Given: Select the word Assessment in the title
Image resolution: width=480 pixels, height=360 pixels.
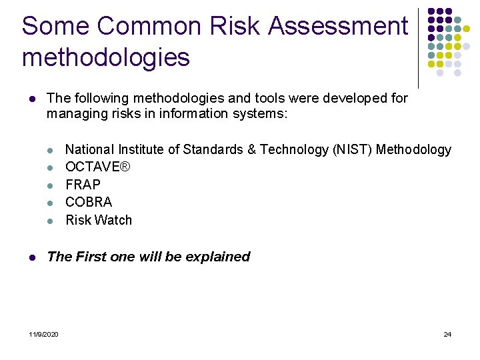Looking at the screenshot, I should point(338,26).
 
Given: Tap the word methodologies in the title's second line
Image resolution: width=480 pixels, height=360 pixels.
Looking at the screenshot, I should point(105,57).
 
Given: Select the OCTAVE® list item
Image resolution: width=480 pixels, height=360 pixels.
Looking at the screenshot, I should point(98,167).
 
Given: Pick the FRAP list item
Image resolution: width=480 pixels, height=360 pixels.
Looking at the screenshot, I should point(83,185).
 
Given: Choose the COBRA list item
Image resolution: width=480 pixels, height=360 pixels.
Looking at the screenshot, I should point(89,202).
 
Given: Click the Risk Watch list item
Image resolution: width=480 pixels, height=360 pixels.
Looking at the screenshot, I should point(99,220).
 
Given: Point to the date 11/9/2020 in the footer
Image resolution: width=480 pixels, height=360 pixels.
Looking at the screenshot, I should point(44,334).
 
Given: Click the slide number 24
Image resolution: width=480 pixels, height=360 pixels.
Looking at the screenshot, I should point(447,334).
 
